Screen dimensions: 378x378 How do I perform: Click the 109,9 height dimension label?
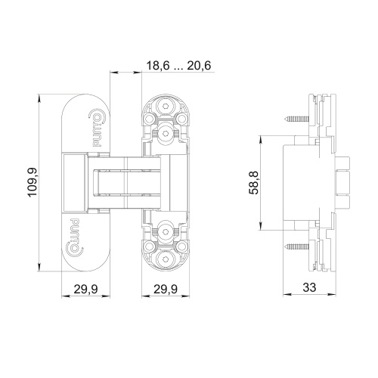[33, 182]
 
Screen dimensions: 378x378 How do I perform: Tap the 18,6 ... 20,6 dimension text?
[178, 66]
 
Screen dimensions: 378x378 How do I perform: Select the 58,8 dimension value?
[254, 182]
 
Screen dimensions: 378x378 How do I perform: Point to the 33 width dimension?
[309, 287]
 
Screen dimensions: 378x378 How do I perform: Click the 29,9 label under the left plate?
[85, 289]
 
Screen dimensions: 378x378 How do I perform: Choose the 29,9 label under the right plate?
[166, 289]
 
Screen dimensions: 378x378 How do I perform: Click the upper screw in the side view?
[297, 118]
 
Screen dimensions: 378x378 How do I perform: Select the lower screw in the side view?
[297, 246]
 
